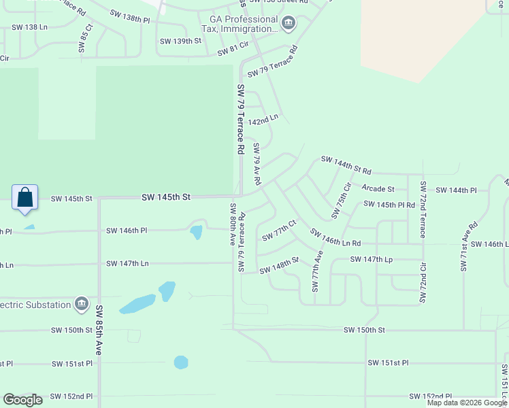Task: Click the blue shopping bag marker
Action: click(x=24, y=197)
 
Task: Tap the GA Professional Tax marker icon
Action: click(x=289, y=24)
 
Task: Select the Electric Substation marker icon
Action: click(x=82, y=304)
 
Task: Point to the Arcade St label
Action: click(x=378, y=188)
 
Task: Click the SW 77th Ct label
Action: click(x=279, y=231)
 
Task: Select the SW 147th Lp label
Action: click(x=372, y=260)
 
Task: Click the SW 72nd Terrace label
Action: click(x=423, y=209)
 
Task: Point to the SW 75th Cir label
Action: click(x=341, y=201)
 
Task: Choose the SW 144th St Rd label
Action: click(x=347, y=165)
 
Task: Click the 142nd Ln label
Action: click(x=263, y=119)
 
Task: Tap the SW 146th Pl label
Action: click(x=127, y=231)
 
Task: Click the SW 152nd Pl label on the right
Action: click(x=431, y=396)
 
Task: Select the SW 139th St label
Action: click(x=180, y=41)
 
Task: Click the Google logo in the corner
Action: click(x=22, y=400)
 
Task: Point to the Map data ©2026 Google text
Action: click(x=467, y=403)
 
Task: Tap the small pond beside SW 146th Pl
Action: click(x=196, y=233)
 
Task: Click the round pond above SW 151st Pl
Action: click(x=181, y=362)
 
